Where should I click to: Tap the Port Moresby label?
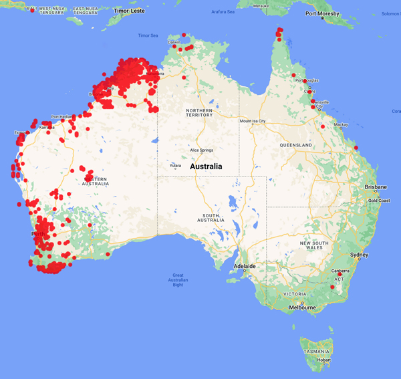tap(323, 14)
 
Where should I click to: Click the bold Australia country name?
tap(211, 166)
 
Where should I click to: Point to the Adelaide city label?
tap(244, 266)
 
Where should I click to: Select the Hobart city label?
tap(323, 360)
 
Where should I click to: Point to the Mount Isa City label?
tap(253, 121)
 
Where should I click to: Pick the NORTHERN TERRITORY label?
tap(199, 113)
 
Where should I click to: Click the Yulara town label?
tap(176, 166)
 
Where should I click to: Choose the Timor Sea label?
tap(148, 35)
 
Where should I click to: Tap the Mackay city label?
tap(340, 124)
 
